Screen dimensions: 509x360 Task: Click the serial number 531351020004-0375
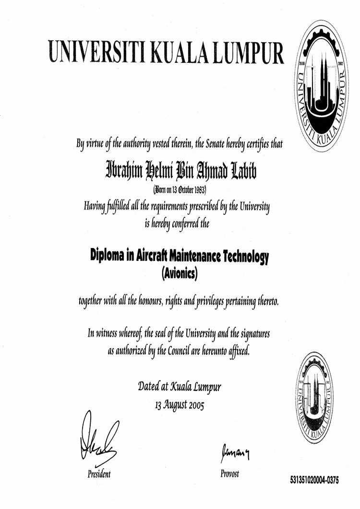click(x=314, y=479)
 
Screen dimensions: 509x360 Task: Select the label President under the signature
click(x=99, y=474)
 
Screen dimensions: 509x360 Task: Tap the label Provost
click(x=229, y=473)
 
